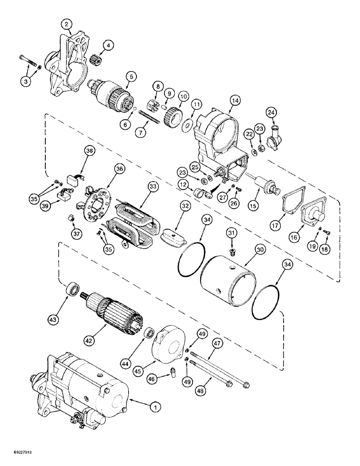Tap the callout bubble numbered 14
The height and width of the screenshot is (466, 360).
click(234, 100)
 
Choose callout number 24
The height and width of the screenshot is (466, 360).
click(271, 112)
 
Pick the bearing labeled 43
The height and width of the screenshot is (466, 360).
click(72, 288)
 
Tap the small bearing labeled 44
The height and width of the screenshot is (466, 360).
click(150, 334)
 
